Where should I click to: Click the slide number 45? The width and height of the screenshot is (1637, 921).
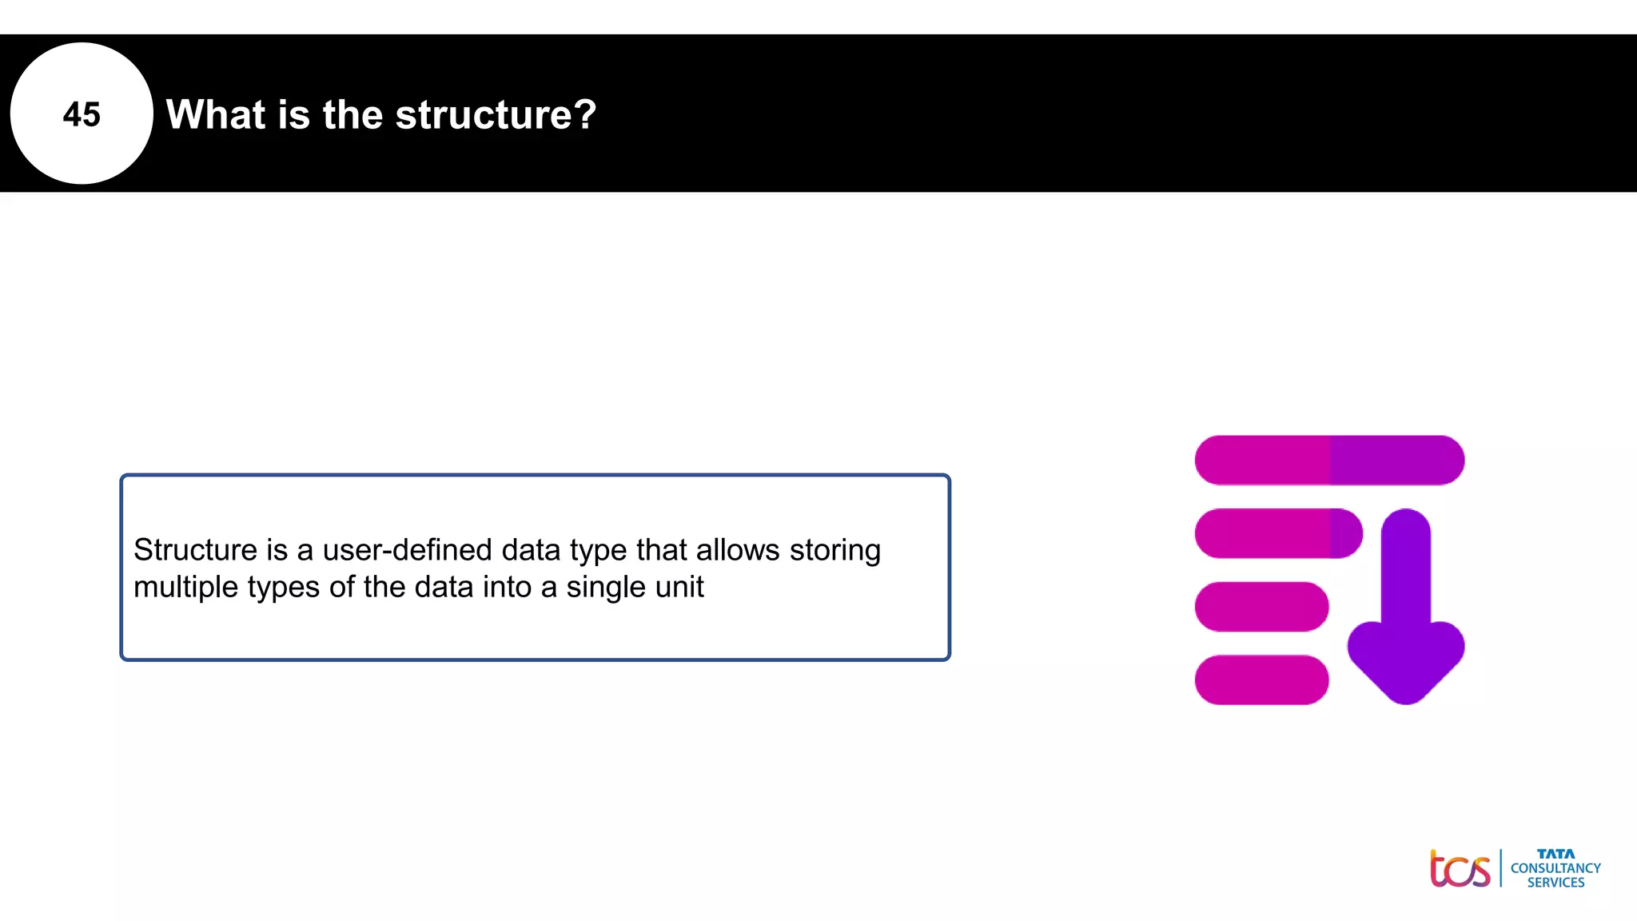(82, 114)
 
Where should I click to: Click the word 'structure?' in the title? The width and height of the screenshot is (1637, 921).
(496, 114)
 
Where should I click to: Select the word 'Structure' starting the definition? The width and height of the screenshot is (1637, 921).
(195, 550)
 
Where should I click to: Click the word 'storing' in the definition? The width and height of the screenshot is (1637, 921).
(834, 550)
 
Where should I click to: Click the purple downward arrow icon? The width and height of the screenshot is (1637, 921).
(1405, 616)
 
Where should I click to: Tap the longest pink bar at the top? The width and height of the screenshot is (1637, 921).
(1328, 460)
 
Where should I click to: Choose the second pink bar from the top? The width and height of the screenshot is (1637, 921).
(1277, 533)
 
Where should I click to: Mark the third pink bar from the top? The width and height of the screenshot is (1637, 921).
(1261, 607)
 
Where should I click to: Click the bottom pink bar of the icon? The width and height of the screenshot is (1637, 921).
(1261, 680)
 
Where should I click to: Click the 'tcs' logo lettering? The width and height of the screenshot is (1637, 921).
(1460, 869)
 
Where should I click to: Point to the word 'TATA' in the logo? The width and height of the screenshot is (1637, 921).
(1555, 854)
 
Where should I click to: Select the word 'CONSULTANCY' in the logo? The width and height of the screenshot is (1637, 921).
(1555, 868)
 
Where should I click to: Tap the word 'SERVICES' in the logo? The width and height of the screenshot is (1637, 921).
(1555, 883)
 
